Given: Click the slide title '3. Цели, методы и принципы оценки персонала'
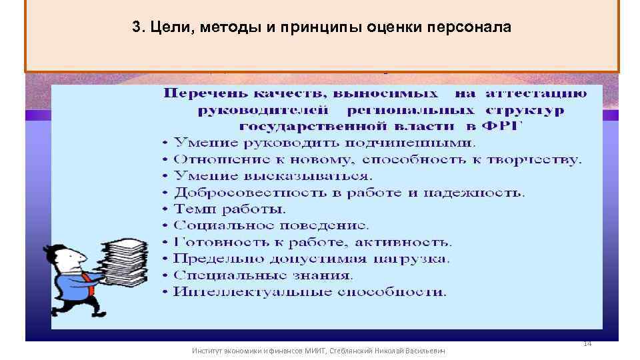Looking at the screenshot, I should (321, 28).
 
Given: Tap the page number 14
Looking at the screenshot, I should (587, 343).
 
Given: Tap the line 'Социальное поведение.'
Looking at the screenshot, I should (271, 225).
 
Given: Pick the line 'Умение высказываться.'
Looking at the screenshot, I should (272, 176).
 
